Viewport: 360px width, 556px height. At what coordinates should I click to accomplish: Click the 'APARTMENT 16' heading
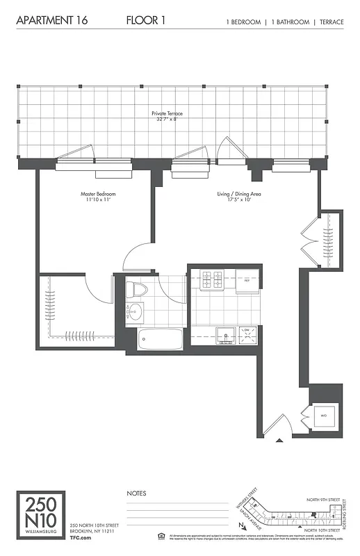click(49, 21)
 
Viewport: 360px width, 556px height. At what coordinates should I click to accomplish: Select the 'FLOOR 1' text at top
click(145, 21)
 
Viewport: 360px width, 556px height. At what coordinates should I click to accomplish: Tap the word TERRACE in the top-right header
click(329, 22)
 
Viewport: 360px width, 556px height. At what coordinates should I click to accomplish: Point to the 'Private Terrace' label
click(166, 114)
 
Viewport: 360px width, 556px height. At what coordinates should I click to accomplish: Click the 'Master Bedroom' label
click(97, 194)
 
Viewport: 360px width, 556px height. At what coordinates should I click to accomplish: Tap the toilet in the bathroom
click(136, 291)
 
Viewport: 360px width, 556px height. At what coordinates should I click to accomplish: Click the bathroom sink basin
click(133, 313)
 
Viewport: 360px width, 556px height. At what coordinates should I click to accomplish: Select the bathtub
click(160, 340)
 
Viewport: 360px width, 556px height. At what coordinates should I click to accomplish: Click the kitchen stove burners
click(212, 281)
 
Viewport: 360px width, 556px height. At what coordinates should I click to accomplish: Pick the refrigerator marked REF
click(247, 281)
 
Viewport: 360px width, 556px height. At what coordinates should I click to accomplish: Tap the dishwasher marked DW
click(247, 334)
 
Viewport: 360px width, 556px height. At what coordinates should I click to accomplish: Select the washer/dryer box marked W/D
click(323, 416)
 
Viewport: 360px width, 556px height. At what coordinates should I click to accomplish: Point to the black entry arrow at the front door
click(279, 439)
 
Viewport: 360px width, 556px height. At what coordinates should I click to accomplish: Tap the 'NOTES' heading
click(136, 493)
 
